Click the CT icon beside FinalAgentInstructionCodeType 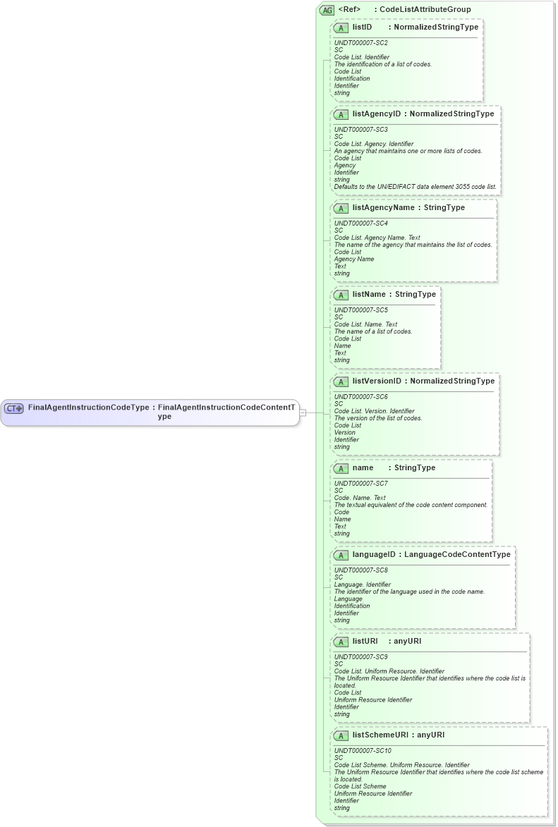point(14,408)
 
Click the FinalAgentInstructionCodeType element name point(88,408)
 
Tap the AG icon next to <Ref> point(327,10)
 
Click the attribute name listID point(362,27)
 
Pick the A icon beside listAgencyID point(341,114)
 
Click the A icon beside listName point(341,295)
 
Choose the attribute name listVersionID point(377,381)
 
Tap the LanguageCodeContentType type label point(457,554)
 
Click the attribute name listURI point(365,641)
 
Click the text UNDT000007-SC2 point(360,43)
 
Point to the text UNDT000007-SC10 point(363,751)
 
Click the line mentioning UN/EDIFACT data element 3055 point(415,187)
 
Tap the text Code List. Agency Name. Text point(377,238)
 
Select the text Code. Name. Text point(360,498)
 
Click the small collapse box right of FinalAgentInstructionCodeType point(303,412)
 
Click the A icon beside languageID point(341,555)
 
